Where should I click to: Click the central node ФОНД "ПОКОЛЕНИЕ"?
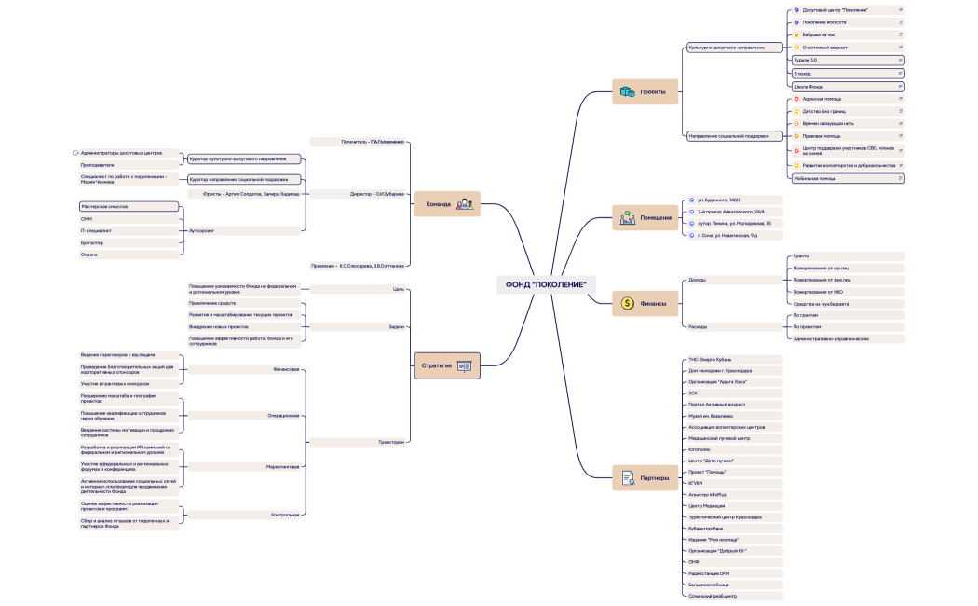coord(546,284)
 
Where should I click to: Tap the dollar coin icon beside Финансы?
coord(627,302)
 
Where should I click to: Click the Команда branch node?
coord(446,204)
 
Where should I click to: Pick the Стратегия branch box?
coord(446,365)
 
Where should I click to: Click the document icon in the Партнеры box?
coord(627,479)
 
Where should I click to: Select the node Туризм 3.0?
coord(847,60)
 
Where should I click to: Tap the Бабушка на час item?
coord(847,34)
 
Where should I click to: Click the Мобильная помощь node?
coord(847,177)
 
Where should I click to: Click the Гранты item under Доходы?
coord(847,255)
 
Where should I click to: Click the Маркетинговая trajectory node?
coord(246,466)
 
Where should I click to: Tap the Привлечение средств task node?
coord(246,303)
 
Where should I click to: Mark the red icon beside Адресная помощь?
coord(795,98)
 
